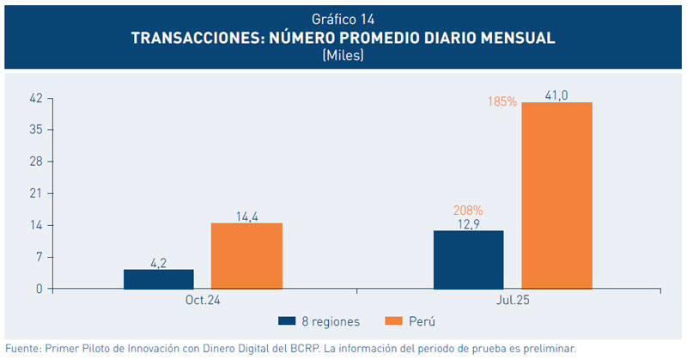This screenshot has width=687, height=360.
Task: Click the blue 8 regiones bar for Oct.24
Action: coord(159,279)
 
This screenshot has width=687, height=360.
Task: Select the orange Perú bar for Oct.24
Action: coord(247,256)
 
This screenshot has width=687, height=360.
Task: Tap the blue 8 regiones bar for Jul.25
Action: coord(468,259)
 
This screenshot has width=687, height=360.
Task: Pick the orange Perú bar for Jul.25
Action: coord(556,196)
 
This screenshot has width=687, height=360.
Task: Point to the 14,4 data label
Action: coord(247,216)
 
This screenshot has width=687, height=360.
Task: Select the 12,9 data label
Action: coord(468,223)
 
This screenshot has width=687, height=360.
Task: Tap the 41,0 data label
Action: coord(556,95)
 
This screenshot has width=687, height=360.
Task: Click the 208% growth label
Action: coord(468,210)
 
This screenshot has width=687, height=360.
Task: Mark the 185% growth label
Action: coord(502,101)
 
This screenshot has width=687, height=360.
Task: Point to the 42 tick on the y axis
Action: coord(35,98)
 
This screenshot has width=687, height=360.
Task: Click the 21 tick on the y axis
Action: coord(35,193)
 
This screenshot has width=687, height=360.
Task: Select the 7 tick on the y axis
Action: coord(39,257)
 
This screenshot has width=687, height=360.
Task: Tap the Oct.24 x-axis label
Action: coord(204,302)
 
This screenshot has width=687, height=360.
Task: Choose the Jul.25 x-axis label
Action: coord(513,302)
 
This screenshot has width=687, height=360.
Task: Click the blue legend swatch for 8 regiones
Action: coord(287,321)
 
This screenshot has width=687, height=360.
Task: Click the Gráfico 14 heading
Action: coord(343,18)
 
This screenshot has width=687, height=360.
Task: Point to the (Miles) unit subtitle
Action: coord(343,56)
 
